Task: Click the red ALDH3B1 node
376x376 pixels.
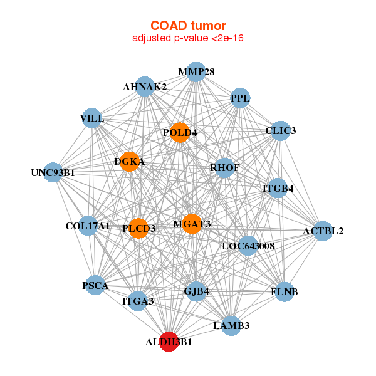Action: (169, 342)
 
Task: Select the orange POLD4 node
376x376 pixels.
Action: (180, 133)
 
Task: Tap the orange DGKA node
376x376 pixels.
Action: (130, 162)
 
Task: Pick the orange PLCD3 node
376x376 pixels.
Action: (138, 228)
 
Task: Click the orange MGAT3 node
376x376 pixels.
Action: (192, 224)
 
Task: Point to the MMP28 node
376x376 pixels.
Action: (196, 72)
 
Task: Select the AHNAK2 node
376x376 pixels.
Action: (145, 86)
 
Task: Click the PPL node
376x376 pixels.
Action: (240, 98)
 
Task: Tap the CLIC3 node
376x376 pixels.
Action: (280, 131)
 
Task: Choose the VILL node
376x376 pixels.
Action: (92, 118)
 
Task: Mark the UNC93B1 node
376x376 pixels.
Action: (53, 172)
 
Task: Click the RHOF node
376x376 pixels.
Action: (225, 168)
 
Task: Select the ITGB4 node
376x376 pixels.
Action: (278, 188)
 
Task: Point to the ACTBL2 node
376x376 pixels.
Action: (323, 231)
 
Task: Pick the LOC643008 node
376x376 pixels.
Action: (248, 246)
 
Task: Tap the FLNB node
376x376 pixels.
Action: (285, 292)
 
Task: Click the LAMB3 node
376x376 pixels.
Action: (231, 326)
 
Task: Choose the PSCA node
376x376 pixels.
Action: (95, 285)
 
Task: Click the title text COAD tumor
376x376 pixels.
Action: (188, 26)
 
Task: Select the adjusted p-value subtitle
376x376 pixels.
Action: (188, 38)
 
